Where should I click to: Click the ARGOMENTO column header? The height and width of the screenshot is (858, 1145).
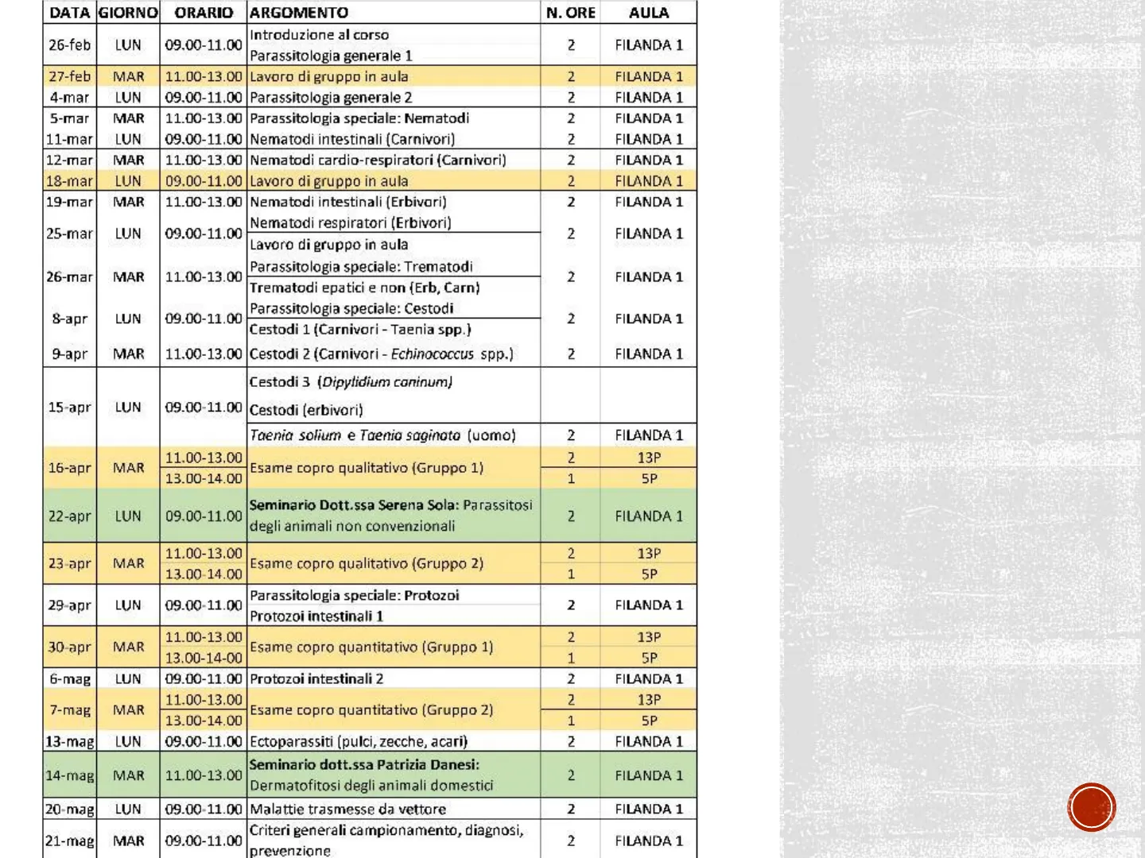tap(299, 13)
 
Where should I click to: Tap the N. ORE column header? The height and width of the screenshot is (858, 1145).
tap(570, 13)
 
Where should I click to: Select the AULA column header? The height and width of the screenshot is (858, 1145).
tap(648, 13)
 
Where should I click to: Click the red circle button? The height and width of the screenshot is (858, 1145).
tap(1092, 807)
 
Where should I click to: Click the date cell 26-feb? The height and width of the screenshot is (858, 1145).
tap(69, 45)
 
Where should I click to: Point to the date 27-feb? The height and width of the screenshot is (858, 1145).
tap(69, 76)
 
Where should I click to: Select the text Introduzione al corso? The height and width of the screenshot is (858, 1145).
tap(319, 35)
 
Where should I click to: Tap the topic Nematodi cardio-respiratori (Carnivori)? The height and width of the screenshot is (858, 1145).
tap(378, 160)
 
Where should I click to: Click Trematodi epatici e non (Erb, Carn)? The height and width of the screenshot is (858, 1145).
tap(365, 288)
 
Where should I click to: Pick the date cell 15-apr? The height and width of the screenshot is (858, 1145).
tap(69, 408)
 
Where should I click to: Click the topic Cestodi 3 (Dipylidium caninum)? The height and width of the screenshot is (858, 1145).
tap(351, 382)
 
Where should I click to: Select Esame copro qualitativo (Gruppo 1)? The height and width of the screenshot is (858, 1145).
tap(367, 468)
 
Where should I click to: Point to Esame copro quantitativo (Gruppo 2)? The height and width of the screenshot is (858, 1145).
tap(371, 710)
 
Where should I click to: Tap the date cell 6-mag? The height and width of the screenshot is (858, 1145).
tap(69, 679)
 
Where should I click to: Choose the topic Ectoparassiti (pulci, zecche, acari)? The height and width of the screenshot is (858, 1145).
tap(359, 742)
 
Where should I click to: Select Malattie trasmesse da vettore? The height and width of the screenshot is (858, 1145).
tap(347, 810)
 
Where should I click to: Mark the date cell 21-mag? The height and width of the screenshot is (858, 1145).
tap(69, 841)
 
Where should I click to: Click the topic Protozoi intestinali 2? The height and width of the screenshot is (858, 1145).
tap(316, 679)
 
